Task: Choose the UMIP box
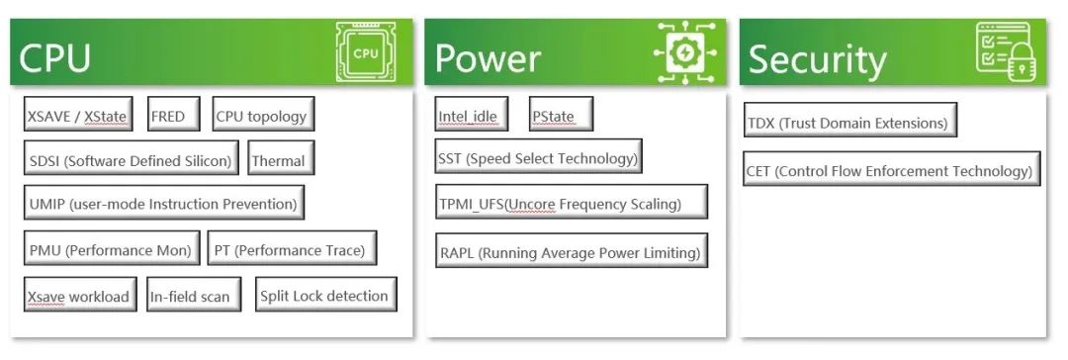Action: click(x=163, y=203)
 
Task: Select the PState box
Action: click(x=562, y=114)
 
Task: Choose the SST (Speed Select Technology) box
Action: click(x=538, y=156)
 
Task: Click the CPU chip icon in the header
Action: click(x=367, y=52)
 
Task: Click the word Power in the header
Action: click(x=488, y=58)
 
